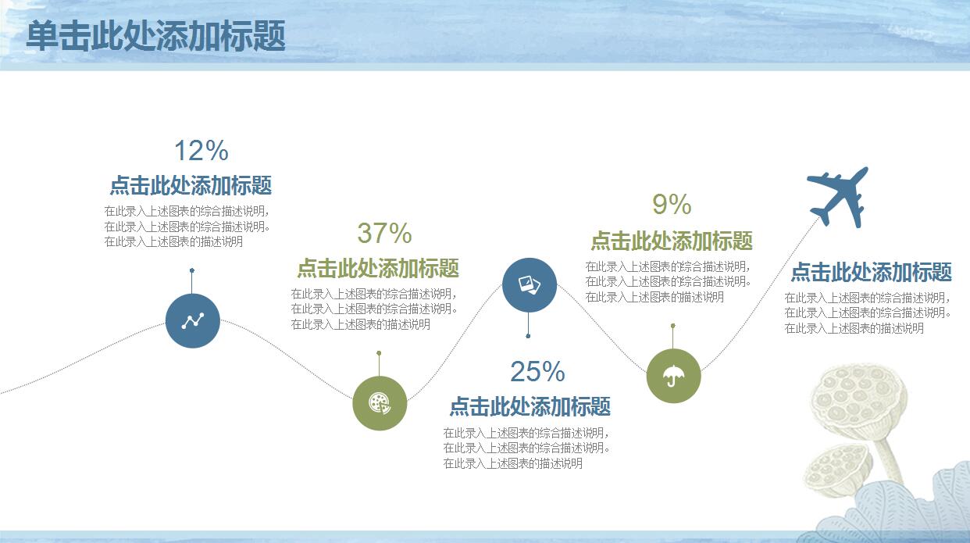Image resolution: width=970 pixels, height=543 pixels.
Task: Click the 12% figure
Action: [x=201, y=150]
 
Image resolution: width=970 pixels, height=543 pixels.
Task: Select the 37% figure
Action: [x=384, y=233]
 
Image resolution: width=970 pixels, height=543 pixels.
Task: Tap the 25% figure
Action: [x=537, y=371]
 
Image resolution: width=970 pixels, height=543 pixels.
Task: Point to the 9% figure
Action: [x=672, y=204]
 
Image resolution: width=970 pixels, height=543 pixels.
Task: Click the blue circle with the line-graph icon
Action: [x=193, y=320]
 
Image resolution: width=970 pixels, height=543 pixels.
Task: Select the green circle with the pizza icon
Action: [x=380, y=403]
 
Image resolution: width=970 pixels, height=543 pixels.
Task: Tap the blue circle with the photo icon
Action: [x=530, y=284]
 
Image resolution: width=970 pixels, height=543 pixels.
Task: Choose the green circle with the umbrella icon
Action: [x=673, y=376]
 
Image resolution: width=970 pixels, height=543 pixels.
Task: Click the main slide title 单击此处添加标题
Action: [x=156, y=35]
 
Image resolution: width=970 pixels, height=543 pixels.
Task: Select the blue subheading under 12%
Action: [x=191, y=185]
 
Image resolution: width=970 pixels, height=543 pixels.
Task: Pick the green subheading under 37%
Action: [x=378, y=268]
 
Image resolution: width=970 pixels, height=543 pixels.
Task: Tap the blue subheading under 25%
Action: [x=530, y=406]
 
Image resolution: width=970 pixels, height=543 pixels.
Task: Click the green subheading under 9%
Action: [x=672, y=241]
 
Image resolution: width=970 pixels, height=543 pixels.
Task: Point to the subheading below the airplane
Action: [x=872, y=272]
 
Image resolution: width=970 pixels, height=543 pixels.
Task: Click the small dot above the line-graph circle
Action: [x=192, y=270]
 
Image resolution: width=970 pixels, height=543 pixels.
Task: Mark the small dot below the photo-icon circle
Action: [x=528, y=336]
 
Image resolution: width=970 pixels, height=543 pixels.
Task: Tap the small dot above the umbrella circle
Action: [x=672, y=326]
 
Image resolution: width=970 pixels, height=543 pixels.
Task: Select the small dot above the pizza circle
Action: [x=379, y=353]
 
